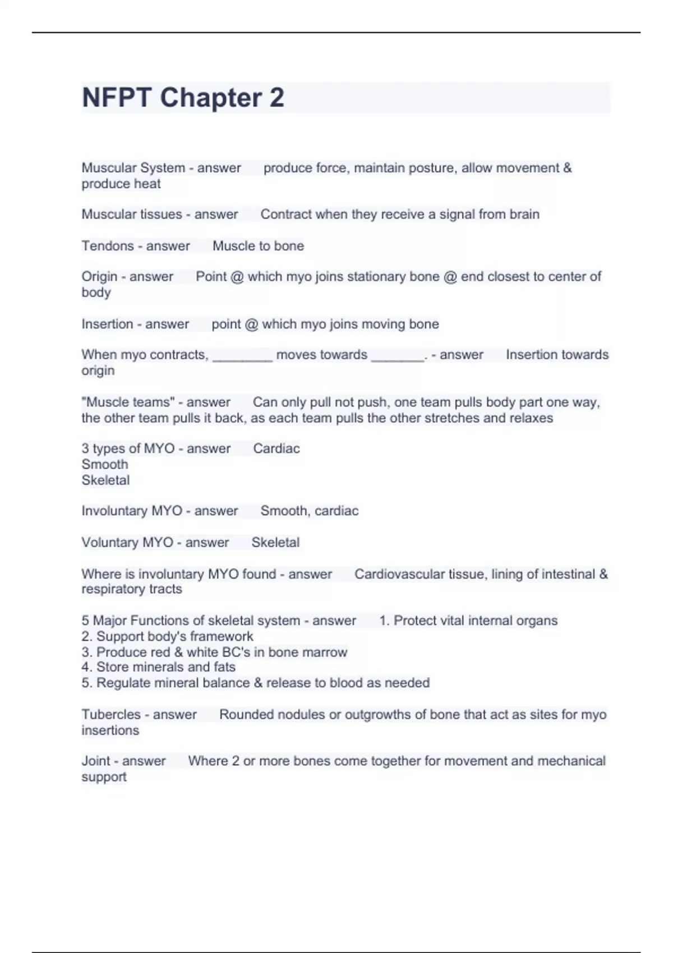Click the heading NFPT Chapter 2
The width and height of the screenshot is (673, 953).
(183, 98)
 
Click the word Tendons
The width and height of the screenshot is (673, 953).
(107, 246)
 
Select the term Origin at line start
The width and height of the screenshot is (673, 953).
(99, 276)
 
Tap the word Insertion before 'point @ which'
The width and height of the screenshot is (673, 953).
(107, 324)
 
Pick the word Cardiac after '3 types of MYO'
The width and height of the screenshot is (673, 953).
(276, 448)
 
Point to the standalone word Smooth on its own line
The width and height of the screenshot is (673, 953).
(105, 464)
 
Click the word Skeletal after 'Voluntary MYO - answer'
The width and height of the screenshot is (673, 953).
(275, 542)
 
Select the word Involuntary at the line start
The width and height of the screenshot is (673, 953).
(116, 511)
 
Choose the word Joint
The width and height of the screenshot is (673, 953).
(96, 761)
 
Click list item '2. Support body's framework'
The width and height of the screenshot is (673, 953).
(167, 636)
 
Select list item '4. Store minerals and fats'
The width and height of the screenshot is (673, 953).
(158, 667)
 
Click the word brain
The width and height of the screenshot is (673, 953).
(524, 214)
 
